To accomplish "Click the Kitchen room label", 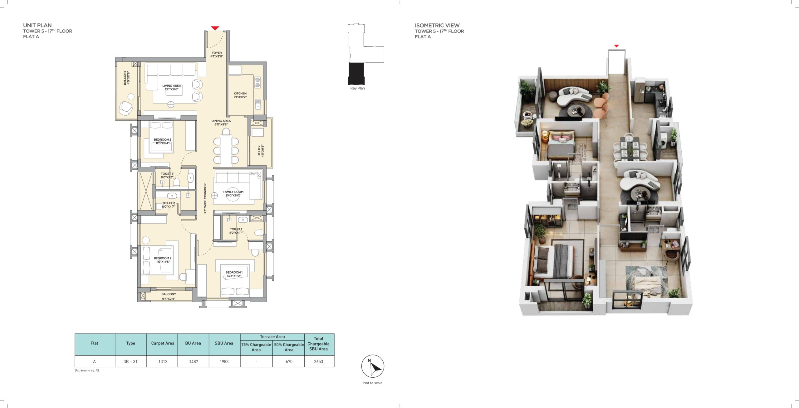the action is point(240,95).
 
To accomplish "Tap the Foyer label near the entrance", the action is point(217,55).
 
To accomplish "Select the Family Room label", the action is point(233,194).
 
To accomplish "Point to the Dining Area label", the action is point(221,123).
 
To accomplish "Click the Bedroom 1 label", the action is point(234,274).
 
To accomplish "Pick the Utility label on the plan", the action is point(261,151).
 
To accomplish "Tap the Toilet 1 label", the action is point(236,231).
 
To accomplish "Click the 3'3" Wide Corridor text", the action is point(205,199).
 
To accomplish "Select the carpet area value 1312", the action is point(163,361).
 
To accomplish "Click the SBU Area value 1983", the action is point(224,361).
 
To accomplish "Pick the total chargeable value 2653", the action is point(318,361).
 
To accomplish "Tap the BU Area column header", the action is point(193,343).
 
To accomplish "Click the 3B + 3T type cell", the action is point(130,361).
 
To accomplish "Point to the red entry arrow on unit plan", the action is point(215,28).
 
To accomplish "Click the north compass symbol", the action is point(373,366).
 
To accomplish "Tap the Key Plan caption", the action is point(357,88).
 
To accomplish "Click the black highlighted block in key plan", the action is point(356,73).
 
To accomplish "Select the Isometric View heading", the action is point(437,25).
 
